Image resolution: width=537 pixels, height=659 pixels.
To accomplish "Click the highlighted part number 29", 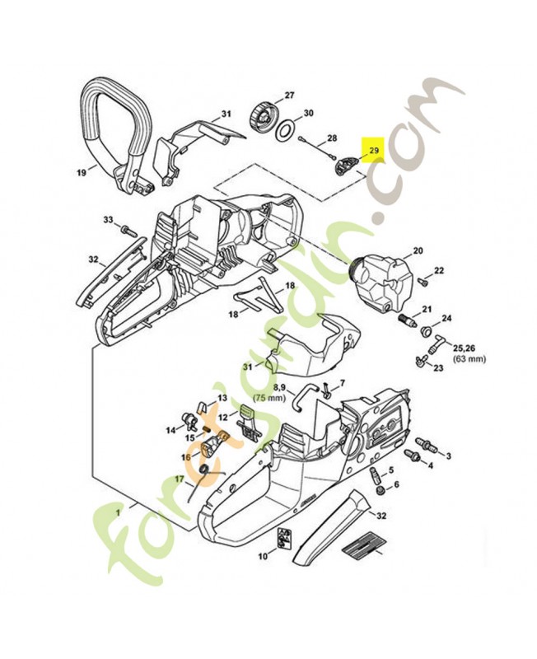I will tap(373, 151).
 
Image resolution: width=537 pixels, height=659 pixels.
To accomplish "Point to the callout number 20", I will tap(417, 250).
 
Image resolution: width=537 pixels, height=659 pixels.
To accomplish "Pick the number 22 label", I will tap(439, 270).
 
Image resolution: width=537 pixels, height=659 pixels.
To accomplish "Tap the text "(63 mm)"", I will tap(447, 359).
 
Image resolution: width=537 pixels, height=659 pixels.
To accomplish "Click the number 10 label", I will tap(262, 557).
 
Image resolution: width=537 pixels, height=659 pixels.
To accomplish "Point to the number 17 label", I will tap(180, 479).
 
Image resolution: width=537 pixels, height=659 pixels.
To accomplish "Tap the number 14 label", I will tap(170, 429).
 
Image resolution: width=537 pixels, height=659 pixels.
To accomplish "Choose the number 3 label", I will tap(447, 455).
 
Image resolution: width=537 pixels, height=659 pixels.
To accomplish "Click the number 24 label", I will tap(447, 319).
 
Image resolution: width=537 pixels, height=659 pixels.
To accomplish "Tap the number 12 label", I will tap(222, 417).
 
